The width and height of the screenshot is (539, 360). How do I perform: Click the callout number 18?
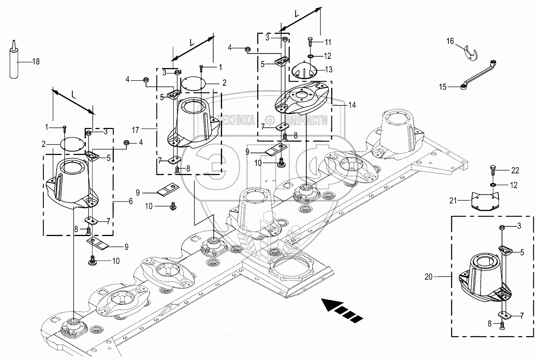pyautogui.click(x=36, y=61)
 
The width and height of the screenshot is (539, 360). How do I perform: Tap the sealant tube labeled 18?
pyautogui.click(x=14, y=61)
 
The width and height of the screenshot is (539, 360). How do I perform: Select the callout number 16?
pyautogui.click(x=450, y=41)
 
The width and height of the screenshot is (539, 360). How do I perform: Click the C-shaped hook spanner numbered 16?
pyautogui.click(x=470, y=53)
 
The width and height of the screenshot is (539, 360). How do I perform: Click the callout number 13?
pyautogui.click(x=329, y=70)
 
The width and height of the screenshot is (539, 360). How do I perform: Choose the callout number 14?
pyautogui.click(x=352, y=105)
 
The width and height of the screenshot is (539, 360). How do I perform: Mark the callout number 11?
pyautogui.click(x=328, y=42)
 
